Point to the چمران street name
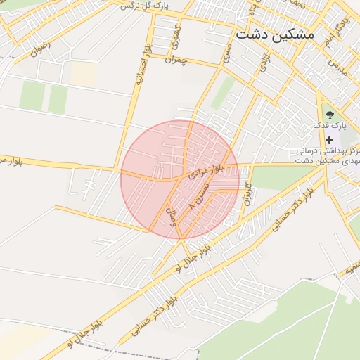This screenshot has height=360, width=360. [x=179, y=60]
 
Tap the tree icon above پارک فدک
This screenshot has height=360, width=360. [x=329, y=111]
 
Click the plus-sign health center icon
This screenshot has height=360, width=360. [x=329, y=140]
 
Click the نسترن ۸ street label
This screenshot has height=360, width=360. [x=199, y=195]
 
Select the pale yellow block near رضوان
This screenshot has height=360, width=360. [x=84, y=74]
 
